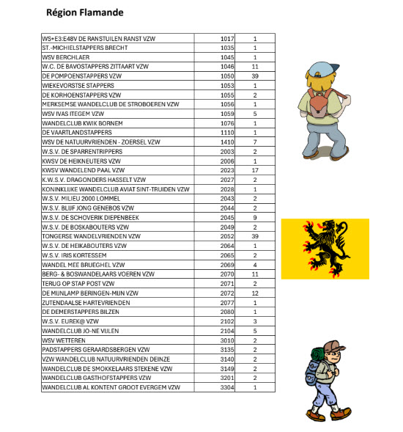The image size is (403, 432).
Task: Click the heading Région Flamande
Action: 84,12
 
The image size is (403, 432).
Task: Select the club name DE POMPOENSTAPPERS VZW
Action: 82,76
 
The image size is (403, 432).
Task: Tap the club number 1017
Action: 226,38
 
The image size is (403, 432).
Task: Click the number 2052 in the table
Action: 226,236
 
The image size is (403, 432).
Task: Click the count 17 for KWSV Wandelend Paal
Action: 255,170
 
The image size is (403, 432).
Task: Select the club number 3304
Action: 226,387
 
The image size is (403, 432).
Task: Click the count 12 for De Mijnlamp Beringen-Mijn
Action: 255,293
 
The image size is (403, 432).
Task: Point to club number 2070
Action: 226,274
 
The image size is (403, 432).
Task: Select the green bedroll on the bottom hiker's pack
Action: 316,356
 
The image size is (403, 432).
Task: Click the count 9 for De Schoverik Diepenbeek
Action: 255,217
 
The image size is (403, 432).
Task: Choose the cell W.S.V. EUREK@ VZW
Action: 74,321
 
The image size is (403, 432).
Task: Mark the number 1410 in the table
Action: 226,142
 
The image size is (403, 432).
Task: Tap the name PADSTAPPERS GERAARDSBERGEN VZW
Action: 96,349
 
